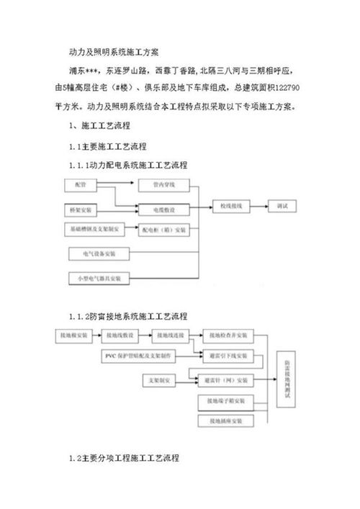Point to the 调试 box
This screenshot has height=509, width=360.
click(282, 207)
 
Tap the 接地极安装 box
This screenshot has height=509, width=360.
click(73, 335)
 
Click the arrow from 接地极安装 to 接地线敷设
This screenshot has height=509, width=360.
click(96, 335)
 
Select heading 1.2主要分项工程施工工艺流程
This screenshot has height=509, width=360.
click(122, 458)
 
